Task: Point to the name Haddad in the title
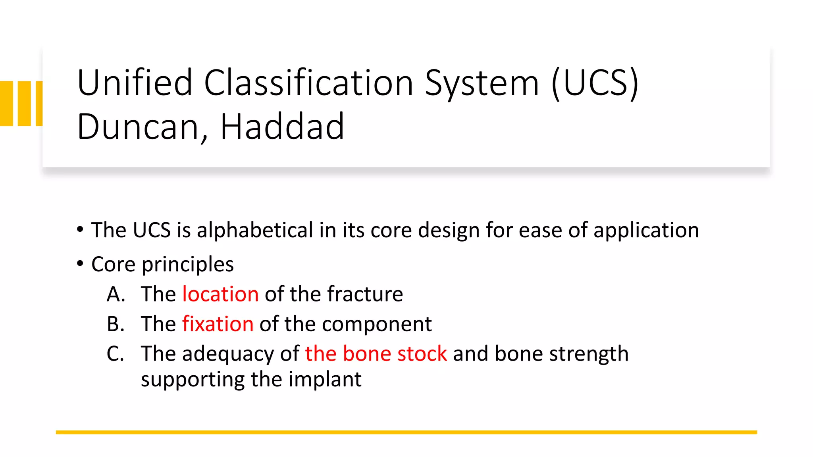(x=282, y=127)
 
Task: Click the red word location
(x=220, y=294)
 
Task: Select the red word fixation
(x=218, y=324)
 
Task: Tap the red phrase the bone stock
(x=376, y=353)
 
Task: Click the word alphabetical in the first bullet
(x=255, y=230)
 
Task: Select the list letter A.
(x=116, y=294)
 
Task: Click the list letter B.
(x=116, y=324)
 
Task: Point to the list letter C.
(x=115, y=353)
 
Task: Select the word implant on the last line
(x=325, y=380)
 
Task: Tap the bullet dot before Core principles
(x=80, y=263)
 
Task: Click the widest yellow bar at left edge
(x=6, y=104)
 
